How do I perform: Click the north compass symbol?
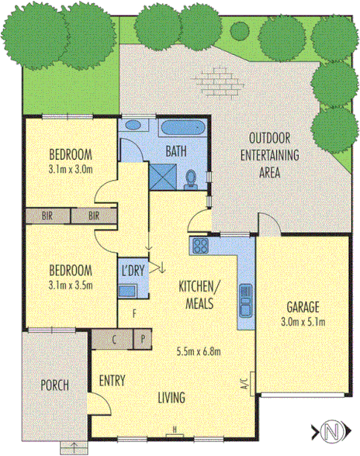click(332, 429)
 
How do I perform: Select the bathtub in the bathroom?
click(184, 128)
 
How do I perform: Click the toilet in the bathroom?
click(191, 179)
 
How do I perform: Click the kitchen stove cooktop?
click(200, 247)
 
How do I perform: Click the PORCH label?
click(54, 385)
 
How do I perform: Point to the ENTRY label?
click(113, 382)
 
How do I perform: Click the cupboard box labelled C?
click(115, 339)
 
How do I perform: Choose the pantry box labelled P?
click(143, 339)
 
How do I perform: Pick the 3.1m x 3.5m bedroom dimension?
click(71, 285)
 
